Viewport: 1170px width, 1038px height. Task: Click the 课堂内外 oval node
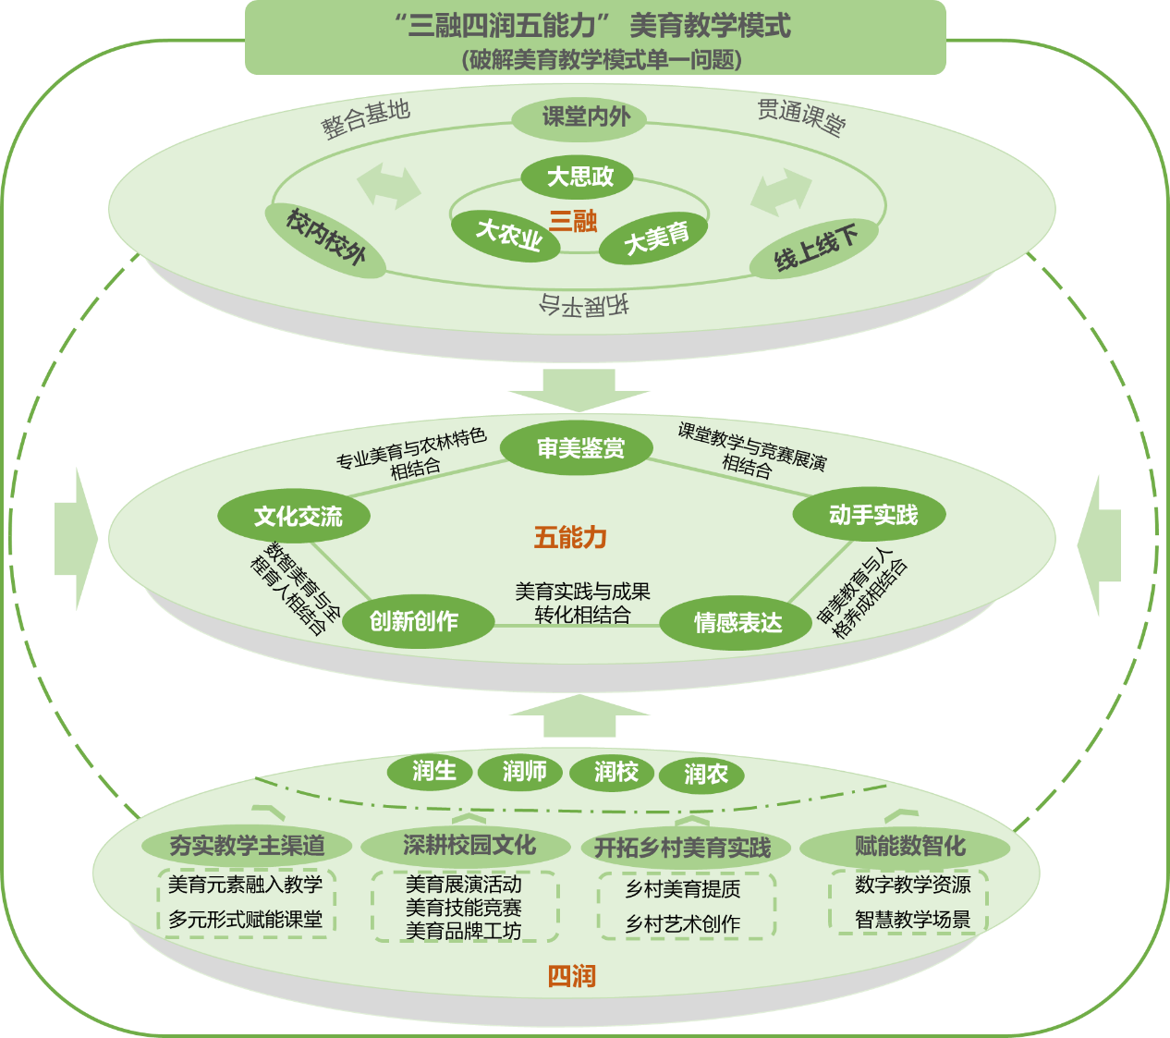click(579, 117)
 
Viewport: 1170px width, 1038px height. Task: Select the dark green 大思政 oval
click(578, 177)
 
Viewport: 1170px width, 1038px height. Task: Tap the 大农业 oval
click(506, 235)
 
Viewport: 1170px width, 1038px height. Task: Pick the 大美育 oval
click(655, 238)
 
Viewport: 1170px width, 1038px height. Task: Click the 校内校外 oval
click(325, 238)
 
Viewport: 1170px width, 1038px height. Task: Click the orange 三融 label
click(573, 221)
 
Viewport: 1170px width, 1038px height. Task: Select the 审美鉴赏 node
click(578, 448)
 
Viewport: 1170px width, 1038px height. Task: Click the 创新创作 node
click(417, 620)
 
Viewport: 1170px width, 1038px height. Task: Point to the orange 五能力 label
click(570, 537)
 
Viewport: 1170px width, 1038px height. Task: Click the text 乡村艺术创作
click(683, 923)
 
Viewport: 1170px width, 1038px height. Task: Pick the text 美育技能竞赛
click(464, 908)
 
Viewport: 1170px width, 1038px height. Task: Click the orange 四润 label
click(571, 976)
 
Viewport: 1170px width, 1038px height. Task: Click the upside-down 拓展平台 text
click(584, 304)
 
